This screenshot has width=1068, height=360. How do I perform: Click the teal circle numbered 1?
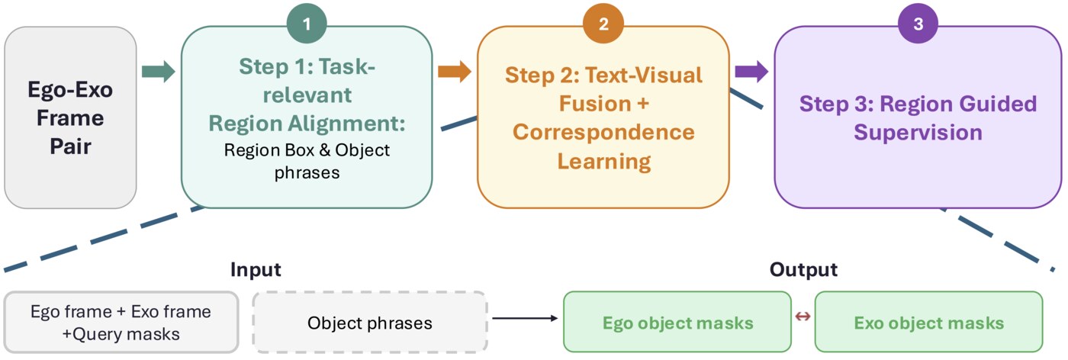tap(307, 24)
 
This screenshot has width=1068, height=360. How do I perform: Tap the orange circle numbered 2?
tap(603, 24)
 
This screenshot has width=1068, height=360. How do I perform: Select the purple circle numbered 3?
tap(918, 24)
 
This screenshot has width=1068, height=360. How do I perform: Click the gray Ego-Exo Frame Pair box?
tap(70, 117)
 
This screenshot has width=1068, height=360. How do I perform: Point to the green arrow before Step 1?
tap(158, 72)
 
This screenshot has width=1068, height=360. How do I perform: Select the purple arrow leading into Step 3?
tap(751, 72)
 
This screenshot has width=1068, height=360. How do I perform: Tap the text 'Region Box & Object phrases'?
tap(307, 161)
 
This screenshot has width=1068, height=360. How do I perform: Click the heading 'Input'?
tap(256, 270)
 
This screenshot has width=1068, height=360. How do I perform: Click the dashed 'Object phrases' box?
tap(369, 323)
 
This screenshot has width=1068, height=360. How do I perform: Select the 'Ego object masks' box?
tap(677, 323)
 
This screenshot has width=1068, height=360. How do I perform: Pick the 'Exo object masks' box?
tap(928, 323)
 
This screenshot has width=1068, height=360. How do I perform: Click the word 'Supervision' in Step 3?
tap(918, 132)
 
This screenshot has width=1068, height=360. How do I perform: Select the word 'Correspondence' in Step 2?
tap(603, 132)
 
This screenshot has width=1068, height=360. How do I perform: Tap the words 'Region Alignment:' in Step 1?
tap(307, 124)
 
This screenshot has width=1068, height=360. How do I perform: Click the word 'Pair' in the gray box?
tap(70, 146)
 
